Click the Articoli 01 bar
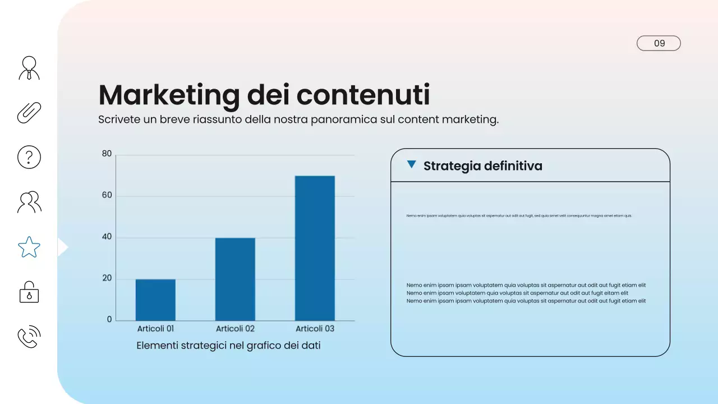155,300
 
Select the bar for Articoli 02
235,279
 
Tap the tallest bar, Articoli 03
315,248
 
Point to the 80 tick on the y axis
107,154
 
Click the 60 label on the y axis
107,196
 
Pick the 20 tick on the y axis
107,279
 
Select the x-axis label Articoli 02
235,329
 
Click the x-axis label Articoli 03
315,329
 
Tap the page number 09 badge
659,43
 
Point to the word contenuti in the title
363,95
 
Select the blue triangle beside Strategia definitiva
412,164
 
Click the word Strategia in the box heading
449,166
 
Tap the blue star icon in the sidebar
29,247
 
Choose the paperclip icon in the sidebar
29,112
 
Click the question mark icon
29,157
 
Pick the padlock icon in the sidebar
29,292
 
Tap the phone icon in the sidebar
29,337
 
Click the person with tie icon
29,68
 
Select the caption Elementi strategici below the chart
228,346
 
